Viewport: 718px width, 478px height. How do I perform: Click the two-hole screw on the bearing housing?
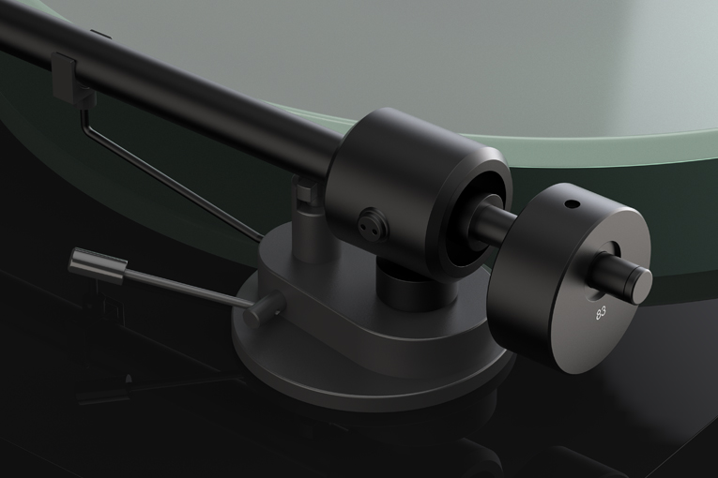pos(368,221)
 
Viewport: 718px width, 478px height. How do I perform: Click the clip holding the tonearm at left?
pos(73,79)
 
